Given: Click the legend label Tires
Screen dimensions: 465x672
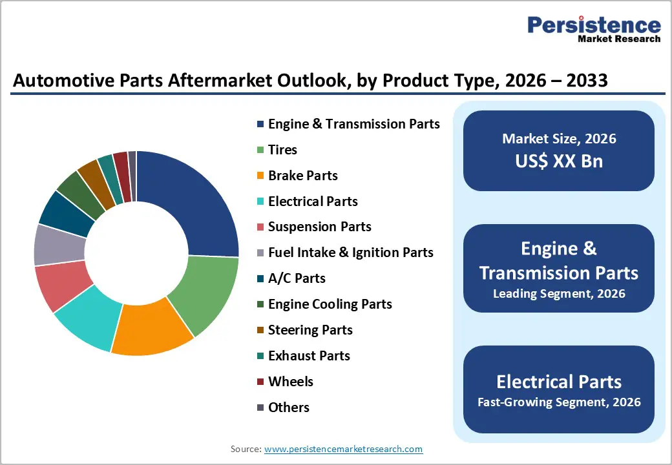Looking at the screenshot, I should (x=282, y=150).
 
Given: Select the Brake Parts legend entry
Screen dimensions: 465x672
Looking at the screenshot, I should (x=302, y=176).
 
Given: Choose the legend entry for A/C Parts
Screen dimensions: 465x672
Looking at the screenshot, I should (x=297, y=278).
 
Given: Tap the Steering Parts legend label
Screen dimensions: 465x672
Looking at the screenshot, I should (x=310, y=330).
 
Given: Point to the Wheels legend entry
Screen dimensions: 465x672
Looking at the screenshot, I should (x=291, y=382).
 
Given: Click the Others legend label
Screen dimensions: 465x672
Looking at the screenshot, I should (x=289, y=408).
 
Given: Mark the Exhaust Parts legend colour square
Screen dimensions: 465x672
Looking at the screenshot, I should (x=260, y=356).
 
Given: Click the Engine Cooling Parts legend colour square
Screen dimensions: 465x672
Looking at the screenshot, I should (x=260, y=304).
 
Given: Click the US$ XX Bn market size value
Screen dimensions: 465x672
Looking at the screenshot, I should (x=559, y=161).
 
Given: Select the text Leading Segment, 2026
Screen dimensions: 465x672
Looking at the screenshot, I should (x=559, y=293).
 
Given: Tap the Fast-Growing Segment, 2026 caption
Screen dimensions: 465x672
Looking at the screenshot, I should (x=559, y=402).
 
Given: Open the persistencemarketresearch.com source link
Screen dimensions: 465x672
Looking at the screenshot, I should (x=343, y=449).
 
